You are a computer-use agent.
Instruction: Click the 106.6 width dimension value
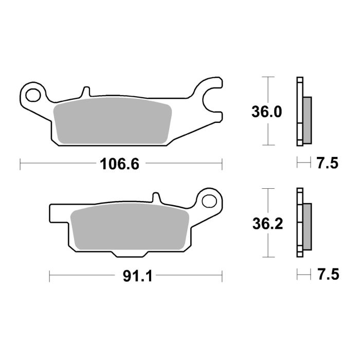click(x=119, y=164)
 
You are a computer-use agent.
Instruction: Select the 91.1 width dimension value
click(x=137, y=276)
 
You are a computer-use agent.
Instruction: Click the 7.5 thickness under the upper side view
click(x=328, y=164)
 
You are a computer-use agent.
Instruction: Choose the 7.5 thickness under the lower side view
click(x=328, y=275)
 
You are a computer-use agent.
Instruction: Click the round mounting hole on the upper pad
click(x=34, y=95)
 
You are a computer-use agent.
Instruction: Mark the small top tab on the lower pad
click(x=155, y=197)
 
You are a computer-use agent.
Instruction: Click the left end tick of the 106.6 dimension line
click(x=20, y=164)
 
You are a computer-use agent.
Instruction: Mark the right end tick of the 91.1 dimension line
click(x=223, y=276)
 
